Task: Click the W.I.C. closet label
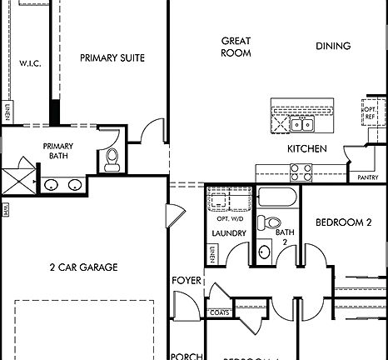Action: (x=30, y=63)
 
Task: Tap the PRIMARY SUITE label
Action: (x=112, y=58)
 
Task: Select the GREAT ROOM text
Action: (x=236, y=47)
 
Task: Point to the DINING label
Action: (x=333, y=46)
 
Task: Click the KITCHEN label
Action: (x=307, y=149)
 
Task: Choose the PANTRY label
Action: (x=368, y=177)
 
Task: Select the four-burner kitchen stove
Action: (x=301, y=172)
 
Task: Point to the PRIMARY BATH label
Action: (x=59, y=150)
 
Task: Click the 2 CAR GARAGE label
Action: (x=83, y=267)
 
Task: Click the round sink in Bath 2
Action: (x=265, y=252)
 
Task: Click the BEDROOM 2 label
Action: (x=343, y=222)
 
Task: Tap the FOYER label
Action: (x=187, y=281)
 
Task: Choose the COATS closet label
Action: (x=220, y=313)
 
